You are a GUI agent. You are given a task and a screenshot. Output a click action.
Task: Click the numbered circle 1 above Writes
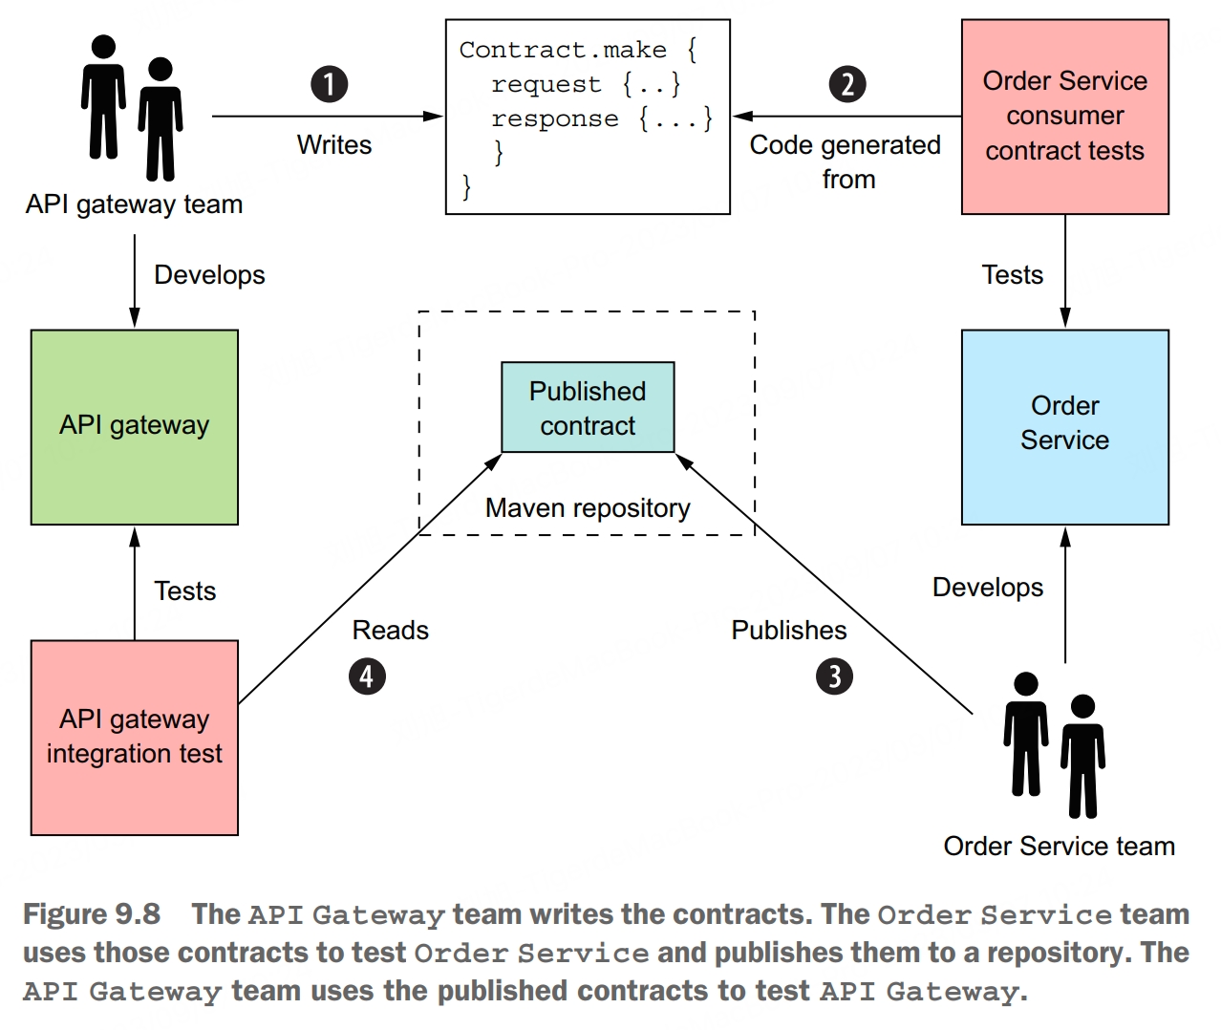pyautogui.click(x=330, y=84)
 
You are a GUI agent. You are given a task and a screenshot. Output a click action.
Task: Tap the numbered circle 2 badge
pyautogui.click(x=846, y=84)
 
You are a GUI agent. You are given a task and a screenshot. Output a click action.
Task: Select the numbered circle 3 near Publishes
pyautogui.click(x=834, y=676)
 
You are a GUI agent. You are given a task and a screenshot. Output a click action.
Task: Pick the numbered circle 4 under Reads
pyautogui.click(x=367, y=676)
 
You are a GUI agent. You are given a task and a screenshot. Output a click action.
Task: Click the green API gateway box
pyautogui.click(x=135, y=427)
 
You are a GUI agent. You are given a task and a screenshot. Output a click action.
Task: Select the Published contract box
pyautogui.click(x=588, y=407)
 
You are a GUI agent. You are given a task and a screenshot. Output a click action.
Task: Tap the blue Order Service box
pyautogui.click(x=1064, y=427)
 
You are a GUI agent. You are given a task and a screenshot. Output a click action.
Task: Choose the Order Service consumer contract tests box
pyautogui.click(x=1064, y=117)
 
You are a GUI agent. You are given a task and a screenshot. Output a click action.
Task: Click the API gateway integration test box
pyautogui.click(x=135, y=738)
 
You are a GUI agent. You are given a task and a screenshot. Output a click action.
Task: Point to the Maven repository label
pyautogui.click(x=588, y=508)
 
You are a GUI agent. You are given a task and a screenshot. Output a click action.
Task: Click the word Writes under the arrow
pyautogui.click(x=334, y=145)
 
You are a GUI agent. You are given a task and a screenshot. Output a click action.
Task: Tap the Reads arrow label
pyautogui.click(x=390, y=631)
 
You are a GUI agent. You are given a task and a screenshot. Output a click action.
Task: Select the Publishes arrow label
pyautogui.click(x=789, y=631)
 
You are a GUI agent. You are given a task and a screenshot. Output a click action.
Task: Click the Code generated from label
pyautogui.click(x=846, y=161)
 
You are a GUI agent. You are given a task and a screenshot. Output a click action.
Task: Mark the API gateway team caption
pyautogui.click(x=135, y=204)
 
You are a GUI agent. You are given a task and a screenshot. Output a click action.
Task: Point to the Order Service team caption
pyautogui.click(x=1059, y=847)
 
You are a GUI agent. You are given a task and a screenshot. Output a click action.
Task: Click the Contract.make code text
pyautogui.click(x=564, y=51)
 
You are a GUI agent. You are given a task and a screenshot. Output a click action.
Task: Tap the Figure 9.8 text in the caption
pyautogui.click(x=92, y=914)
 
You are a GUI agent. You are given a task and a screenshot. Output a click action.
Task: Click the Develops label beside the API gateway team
pyautogui.click(x=209, y=275)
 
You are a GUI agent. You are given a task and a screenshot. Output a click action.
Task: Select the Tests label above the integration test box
pyautogui.click(x=185, y=591)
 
